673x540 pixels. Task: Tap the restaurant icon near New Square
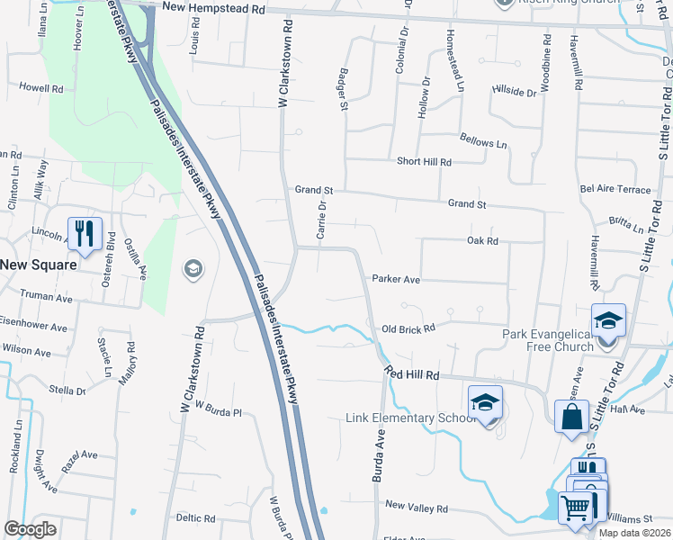click(85, 234)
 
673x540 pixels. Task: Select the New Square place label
click(38, 265)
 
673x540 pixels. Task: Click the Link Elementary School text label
click(410, 418)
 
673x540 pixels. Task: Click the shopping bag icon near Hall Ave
click(571, 417)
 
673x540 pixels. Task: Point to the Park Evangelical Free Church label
click(547, 341)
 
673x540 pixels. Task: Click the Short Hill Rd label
click(424, 161)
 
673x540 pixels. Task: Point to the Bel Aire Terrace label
click(615, 190)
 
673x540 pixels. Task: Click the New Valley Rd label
click(416, 508)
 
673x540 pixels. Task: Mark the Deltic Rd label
click(195, 518)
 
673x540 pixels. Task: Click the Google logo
click(30, 529)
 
